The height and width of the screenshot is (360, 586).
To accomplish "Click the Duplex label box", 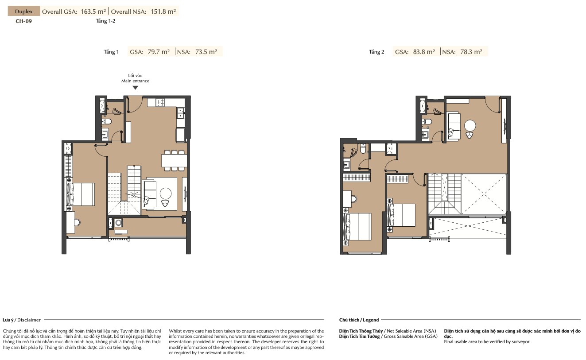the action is coord(24,11).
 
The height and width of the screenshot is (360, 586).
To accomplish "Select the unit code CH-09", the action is coord(24,21).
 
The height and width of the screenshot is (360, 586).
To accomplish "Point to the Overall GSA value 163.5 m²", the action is coord(93,12).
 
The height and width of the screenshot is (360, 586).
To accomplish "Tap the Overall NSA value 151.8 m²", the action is coord(163,12).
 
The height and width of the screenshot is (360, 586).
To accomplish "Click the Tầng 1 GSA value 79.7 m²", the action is coord(159,52).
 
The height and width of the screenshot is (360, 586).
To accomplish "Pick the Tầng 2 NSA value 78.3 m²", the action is coord(471,52).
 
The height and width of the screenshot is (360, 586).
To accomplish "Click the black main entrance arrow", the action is coord(135,88).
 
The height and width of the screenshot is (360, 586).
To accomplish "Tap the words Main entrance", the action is coord(135,81).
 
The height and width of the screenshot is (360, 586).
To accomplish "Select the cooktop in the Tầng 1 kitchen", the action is coord(160,102).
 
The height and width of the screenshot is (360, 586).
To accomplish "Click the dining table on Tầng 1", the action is coord(174,161).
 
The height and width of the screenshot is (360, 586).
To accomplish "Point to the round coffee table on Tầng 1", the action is coord(166,194).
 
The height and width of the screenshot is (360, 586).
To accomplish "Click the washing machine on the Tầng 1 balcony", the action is coord(119,223).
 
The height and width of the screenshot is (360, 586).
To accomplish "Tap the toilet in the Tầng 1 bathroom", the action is coord(107,121).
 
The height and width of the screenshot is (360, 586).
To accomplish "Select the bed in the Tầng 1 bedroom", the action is coord(81,194).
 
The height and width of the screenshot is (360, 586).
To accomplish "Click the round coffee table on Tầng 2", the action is coord(470,125).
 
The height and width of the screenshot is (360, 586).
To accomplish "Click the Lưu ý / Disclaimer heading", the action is coord(22,320).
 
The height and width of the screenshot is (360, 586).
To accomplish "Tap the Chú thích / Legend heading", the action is coord(359,320).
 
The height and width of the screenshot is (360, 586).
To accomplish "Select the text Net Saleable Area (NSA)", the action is coord(411,331).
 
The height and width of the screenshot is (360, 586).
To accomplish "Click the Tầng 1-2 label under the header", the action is coord(105,21).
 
